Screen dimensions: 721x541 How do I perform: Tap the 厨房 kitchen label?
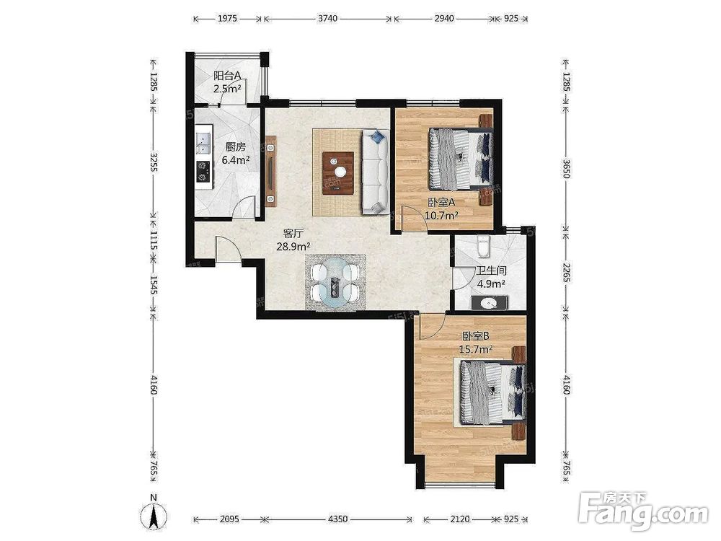point(236,147)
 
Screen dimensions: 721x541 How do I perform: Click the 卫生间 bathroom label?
point(491,271)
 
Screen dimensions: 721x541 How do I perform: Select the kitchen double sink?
point(203,143)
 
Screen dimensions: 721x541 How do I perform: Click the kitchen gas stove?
point(203,171)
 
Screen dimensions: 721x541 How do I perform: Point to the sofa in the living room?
point(375,172)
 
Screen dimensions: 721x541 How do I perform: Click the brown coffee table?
point(338,173)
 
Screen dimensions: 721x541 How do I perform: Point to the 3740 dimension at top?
point(328,19)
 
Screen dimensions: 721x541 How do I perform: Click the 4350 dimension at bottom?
point(337,519)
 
